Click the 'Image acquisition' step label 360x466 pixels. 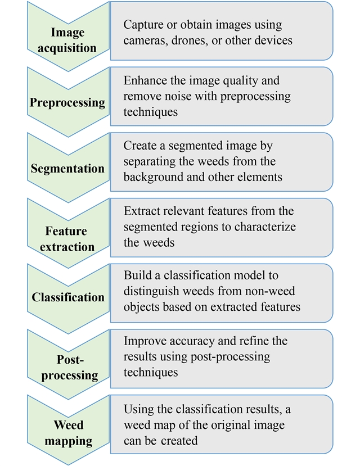pos(67,40)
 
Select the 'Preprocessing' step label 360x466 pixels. pos(67,103)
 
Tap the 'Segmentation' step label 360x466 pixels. pos(67,169)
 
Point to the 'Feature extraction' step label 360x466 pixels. pos(67,239)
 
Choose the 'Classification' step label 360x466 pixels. pos(67,297)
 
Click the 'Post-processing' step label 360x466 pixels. pos(67,367)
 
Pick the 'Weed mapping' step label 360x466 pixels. pos(67,433)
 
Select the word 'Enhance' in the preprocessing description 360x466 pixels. pos(145,81)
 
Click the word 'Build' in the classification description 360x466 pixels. pos(137,276)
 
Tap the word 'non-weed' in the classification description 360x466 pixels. pos(272,292)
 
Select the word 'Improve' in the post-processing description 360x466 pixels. pos(145,341)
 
